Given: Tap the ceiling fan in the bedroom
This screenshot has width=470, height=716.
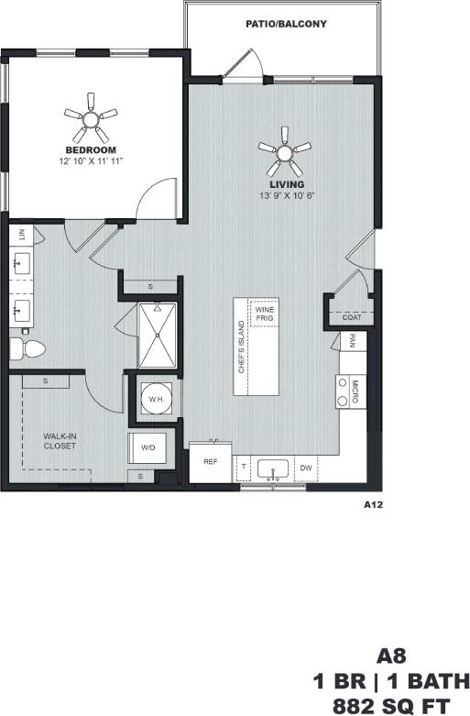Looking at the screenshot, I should [x=91, y=115].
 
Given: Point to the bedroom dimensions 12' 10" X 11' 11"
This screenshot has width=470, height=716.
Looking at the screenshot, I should [x=91, y=160].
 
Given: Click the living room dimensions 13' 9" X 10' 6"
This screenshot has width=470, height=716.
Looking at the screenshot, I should [x=287, y=195].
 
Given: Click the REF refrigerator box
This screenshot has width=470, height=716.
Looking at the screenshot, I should [x=210, y=462].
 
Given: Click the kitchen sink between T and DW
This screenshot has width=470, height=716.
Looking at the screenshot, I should [x=272, y=469].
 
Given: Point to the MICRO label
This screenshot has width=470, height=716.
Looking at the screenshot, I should [x=355, y=391].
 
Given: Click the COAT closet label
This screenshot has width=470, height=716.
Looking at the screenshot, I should [x=351, y=317].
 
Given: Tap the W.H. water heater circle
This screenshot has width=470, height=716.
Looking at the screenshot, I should [x=155, y=401].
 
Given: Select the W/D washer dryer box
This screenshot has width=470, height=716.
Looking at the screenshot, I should [x=147, y=447].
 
